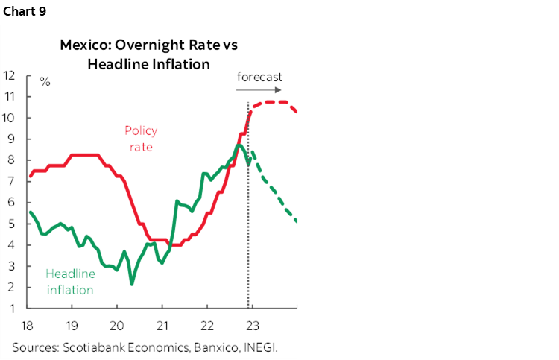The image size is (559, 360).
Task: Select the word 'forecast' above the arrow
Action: click(259, 77)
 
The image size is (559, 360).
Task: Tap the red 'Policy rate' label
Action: click(141, 139)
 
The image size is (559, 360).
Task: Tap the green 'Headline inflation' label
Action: click(70, 282)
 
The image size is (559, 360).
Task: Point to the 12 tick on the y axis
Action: click(10, 75)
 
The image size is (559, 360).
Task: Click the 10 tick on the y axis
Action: click(10, 118)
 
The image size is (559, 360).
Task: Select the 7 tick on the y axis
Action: click(10, 181)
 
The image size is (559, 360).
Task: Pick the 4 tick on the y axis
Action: click(10, 244)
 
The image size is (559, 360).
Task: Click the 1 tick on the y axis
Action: click(10, 308)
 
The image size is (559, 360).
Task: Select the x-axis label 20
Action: click(117, 325)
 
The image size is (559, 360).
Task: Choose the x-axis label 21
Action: click(162, 325)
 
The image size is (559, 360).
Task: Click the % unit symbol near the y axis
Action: click(45, 81)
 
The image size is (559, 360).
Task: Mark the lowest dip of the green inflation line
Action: click(132, 284)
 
